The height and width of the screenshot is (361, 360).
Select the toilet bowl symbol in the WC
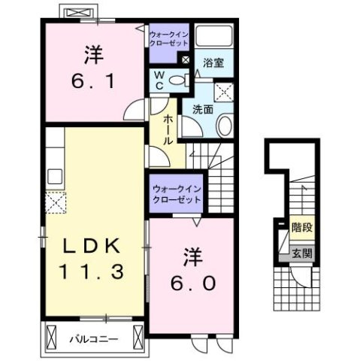[x=177, y=80]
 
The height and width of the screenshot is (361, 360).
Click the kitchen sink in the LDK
[x=55, y=177]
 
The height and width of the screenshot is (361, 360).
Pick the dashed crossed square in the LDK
[x=55, y=202]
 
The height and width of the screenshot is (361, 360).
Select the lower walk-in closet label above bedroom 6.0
[x=176, y=194]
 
